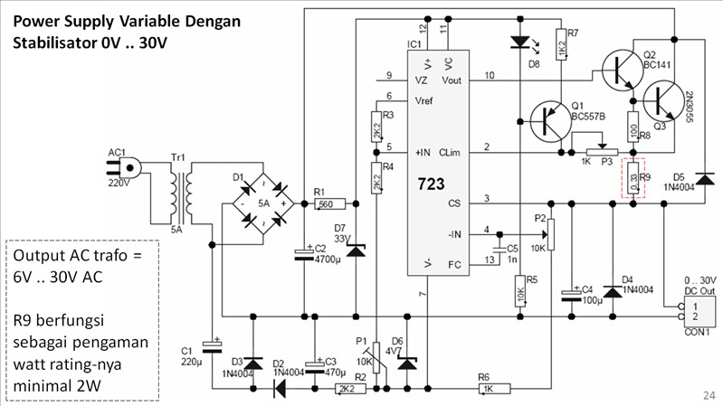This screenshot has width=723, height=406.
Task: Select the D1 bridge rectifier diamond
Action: point(262,203)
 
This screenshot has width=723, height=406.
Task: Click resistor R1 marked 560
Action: point(325,204)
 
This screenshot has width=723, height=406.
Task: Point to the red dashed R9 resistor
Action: point(634,176)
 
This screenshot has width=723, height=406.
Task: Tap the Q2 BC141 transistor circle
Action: point(619,68)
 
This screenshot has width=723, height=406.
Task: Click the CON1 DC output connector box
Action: point(701,312)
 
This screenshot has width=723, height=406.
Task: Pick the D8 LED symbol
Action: point(518,42)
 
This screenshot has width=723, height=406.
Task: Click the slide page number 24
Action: point(708,395)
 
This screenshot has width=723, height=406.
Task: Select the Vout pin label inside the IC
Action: point(452,80)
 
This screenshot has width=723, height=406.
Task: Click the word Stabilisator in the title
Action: point(53,42)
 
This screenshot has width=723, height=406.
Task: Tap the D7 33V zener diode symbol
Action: point(357,248)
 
